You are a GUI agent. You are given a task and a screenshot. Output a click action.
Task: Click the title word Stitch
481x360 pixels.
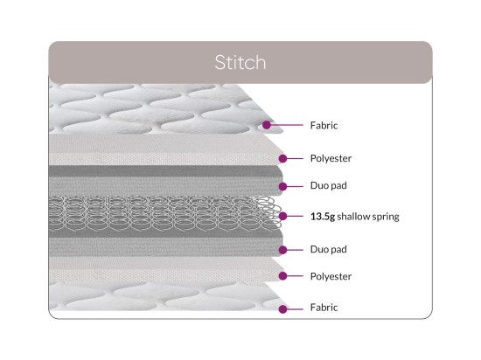point(240,62)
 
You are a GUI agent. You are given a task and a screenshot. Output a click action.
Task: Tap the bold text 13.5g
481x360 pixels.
point(323,217)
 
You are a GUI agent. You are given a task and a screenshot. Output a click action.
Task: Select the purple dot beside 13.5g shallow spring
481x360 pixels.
point(282,217)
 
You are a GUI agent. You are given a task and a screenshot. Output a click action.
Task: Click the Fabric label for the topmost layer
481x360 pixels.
point(324,125)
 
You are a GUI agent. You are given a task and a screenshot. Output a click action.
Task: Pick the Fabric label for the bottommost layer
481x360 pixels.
point(324,308)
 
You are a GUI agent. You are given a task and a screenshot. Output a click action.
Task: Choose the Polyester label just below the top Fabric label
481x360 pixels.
point(331,158)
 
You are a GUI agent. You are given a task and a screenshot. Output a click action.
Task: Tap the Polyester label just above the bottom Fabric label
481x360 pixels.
point(331,276)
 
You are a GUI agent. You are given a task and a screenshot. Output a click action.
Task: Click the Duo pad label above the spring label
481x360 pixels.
point(329,185)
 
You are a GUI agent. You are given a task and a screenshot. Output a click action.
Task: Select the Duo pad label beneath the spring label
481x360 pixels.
point(329,249)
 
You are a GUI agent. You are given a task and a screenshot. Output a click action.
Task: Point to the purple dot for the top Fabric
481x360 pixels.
point(267,125)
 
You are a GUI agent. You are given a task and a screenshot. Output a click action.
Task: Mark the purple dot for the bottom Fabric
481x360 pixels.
point(282,309)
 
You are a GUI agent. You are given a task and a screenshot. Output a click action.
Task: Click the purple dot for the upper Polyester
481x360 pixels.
point(282,158)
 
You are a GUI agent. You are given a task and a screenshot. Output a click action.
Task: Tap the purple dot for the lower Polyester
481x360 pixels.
point(282,276)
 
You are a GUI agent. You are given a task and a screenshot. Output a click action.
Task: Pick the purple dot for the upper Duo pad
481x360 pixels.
point(282,186)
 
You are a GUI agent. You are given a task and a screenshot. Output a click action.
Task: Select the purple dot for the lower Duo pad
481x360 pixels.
point(282,250)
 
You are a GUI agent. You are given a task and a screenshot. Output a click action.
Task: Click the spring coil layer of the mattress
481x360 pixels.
point(165,213)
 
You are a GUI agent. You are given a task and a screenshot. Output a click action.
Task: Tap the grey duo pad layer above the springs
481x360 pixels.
point(165,181)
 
